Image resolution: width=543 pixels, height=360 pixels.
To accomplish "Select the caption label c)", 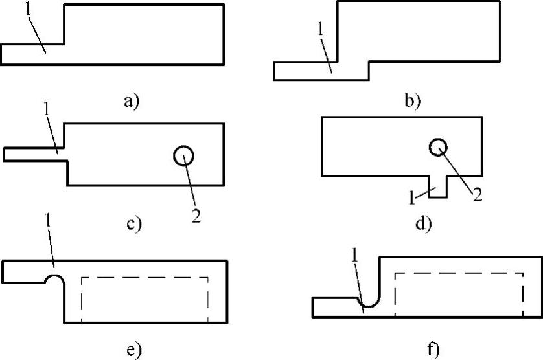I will click(x=133, y=225).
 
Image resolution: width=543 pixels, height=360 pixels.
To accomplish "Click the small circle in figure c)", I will click(x=183, y=155).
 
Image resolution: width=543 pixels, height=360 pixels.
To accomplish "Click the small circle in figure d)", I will click(x=438, y=148).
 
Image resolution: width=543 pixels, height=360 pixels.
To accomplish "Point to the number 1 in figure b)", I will click(x=319, y=29).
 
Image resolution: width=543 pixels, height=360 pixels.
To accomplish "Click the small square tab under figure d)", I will click(x=437, y=186).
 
